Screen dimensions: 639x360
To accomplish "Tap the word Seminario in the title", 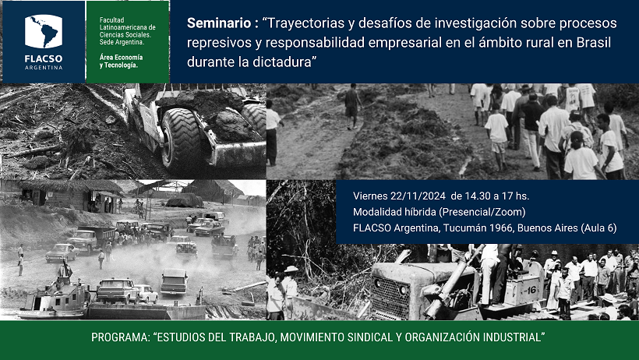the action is [219, 23].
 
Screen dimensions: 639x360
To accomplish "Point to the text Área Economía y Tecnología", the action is [121, 61].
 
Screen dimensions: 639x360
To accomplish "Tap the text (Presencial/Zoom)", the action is [482, 212].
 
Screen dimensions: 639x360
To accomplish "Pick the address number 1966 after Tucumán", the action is [501, 228].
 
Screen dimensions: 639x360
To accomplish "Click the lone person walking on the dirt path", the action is [351, 107].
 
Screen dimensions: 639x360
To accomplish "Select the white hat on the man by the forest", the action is [291, 269].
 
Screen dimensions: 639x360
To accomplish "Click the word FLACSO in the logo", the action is [43, 58].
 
